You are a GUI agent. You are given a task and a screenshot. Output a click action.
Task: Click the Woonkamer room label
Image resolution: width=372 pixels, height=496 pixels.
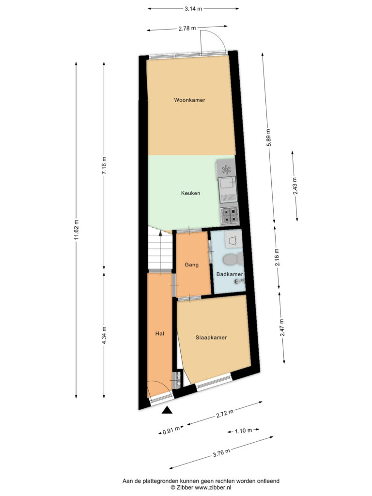point(189,100)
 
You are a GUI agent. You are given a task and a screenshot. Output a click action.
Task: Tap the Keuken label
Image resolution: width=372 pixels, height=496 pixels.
point(190,193)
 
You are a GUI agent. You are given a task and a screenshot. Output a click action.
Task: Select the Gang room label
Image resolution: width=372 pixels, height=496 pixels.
point(191,265)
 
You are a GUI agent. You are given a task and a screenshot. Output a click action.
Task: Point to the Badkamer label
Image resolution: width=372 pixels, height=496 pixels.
point(230,274)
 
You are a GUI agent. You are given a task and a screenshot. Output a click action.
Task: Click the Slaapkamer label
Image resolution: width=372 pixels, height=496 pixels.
point(211,338)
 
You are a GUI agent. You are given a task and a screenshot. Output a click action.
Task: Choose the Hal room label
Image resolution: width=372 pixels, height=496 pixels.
point(160,333)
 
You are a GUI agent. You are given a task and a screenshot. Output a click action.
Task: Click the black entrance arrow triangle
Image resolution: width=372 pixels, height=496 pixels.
point(167,410)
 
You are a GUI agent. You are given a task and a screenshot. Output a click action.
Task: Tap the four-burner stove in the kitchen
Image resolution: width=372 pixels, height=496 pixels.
point(229,216)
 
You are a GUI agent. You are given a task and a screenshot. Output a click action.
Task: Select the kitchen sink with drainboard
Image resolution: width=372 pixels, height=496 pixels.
point(228,190)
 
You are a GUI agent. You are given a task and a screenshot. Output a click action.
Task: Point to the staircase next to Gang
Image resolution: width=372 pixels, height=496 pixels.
point(160,250)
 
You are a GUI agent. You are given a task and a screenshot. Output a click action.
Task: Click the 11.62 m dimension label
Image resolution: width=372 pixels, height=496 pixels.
point(76,230)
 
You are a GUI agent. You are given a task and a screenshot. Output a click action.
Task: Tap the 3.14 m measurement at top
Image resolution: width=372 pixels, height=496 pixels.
point(193,9)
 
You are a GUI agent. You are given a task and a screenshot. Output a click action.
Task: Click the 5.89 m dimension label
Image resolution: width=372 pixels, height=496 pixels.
point(268,138)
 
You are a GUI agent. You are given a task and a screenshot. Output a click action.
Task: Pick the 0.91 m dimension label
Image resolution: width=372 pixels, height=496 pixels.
point(171,430)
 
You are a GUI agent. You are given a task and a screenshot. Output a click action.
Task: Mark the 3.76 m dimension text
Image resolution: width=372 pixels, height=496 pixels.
point(221,453)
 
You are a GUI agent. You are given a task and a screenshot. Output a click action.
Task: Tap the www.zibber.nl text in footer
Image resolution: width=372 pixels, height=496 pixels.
point(210,487)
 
